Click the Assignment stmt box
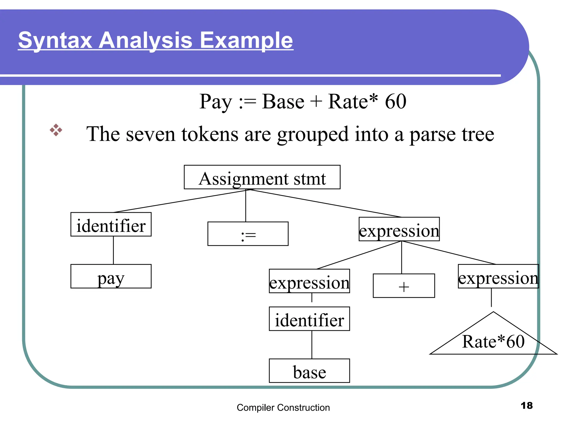[262, 177]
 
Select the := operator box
[248, 234]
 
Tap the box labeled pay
[111, 276]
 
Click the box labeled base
[309, 371]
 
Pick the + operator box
[404, 286]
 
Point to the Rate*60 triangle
[493, 340]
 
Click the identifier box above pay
[111, 224]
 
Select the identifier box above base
[309, 319]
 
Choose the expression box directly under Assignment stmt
[399, 229]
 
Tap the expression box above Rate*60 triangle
[498, 276]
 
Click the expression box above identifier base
[309, 281]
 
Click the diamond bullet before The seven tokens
[56, 130]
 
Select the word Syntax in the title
[55, 40]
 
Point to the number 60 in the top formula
[396, 102]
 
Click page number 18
[526, 406]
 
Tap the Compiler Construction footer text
[283, 408]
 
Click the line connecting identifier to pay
[113, 250]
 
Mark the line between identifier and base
[312, 345]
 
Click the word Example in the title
[246, 40]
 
